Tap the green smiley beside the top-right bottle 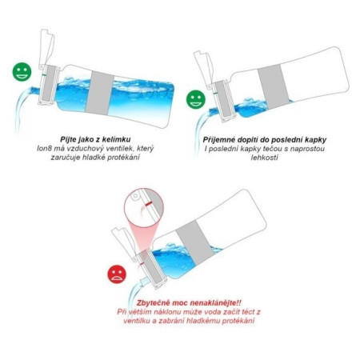click(194, 99)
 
